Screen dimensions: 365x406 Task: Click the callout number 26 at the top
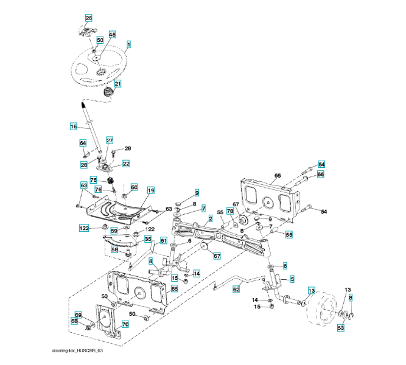[89, 18]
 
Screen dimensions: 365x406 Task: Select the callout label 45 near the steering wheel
[112, 35]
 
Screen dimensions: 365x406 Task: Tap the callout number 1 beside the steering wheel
[129, 44]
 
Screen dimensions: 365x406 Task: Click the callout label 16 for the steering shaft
[73, 127]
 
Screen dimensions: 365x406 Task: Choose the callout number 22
[126, 163]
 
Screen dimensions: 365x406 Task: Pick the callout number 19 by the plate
[150, 190]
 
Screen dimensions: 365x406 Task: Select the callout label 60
[134, 187]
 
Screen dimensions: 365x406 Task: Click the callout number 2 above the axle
[210, 218]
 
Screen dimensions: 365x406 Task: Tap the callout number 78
[230, 211]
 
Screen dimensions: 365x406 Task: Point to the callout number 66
[321, 174]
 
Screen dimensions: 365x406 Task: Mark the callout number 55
[289, 234]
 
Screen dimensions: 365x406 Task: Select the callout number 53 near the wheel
[341, 328]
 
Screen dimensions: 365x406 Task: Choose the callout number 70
[125, 325]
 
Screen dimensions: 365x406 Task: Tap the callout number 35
[147, 239]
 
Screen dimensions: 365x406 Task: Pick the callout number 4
[150, 262]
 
